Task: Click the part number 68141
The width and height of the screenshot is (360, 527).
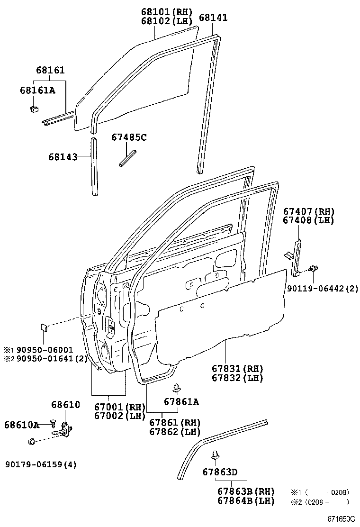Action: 213,17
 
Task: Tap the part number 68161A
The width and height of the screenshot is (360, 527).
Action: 37,90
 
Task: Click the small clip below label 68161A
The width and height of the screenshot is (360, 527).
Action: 34,109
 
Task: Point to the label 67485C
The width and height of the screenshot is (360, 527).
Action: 129,137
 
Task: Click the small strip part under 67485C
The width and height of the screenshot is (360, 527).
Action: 127,158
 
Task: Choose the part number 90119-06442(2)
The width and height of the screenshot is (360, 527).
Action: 322,287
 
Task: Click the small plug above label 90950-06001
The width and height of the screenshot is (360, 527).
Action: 42,326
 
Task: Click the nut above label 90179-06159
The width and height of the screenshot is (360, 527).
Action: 31,442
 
